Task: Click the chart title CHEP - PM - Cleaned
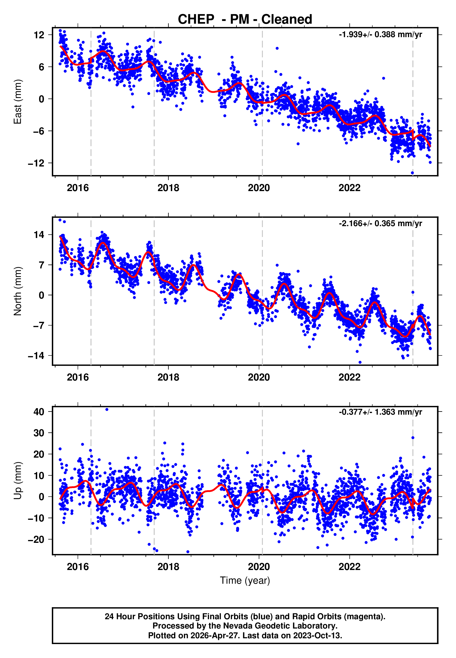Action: pyautogui.click(x=245, y=20)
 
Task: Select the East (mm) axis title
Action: pyautogui.click(x=18, y=102)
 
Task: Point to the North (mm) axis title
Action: pyautogui.click(x=18, y=291)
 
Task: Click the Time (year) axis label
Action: pyautogui.click(x=245, y=581)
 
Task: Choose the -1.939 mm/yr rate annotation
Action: pyautogui.click(x=380, y=35)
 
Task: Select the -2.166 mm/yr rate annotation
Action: pyautogui.click(x=380, y=223)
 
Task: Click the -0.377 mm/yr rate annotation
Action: pyautogui.click(x=380, y=412)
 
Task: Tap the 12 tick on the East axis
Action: pyautogui.click(x=39, y=35)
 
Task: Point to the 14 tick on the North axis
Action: pyautogui.click(x=39, y=235)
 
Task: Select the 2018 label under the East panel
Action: pyautogui.click(x=168, y=188)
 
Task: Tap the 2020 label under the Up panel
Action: pyautogui.click(x=259, y=567)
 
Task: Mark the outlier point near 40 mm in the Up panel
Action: pyautogui.click(x=107, y=410)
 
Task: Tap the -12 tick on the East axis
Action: pyautogui.click(x=36, y=163)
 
